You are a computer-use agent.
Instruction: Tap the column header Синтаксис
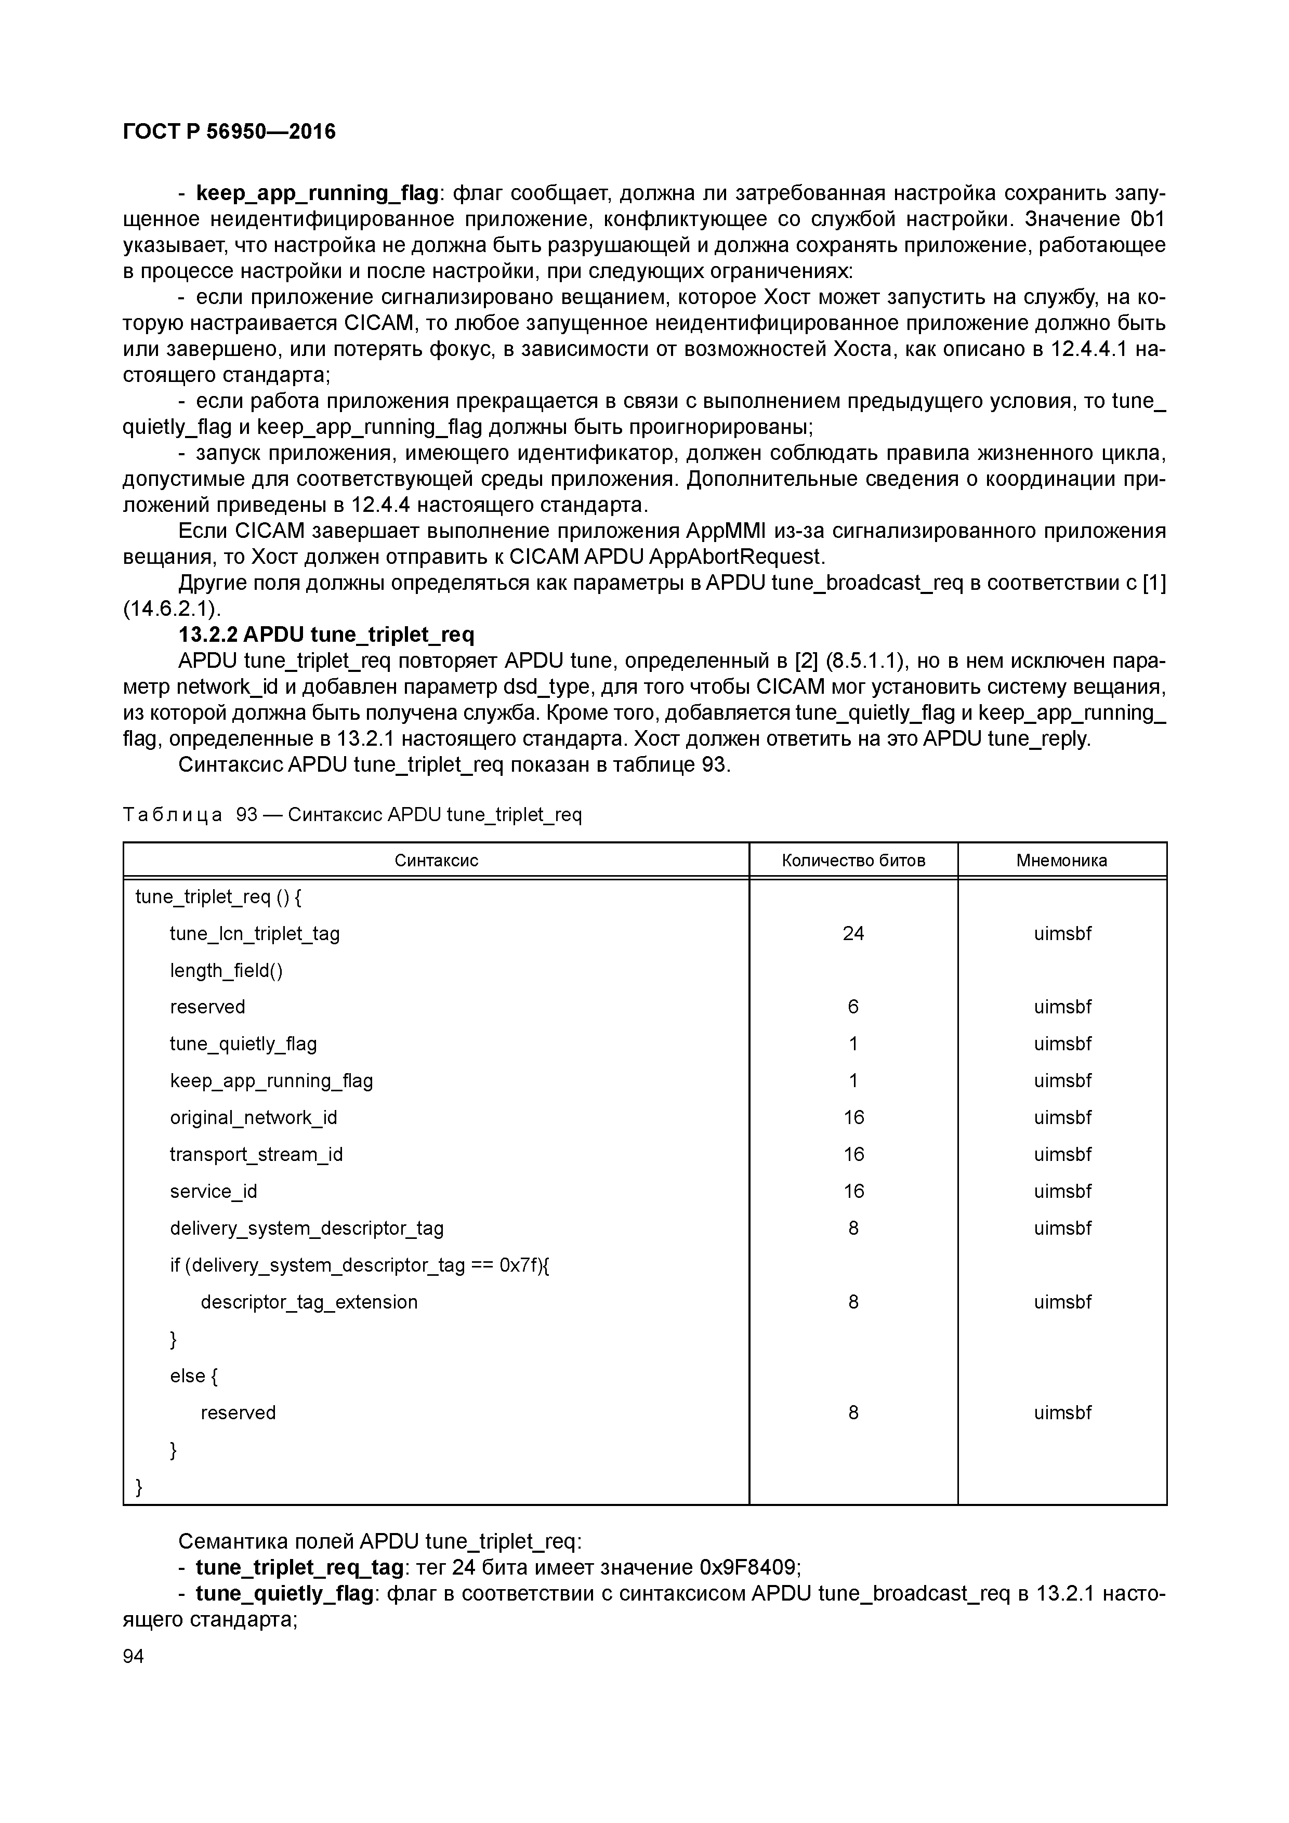pyautogui.click(x=436, y=860)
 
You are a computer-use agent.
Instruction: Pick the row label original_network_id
pyautogui.click(x=253, y=1117)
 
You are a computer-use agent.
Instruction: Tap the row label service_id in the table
pyautogui.click(x=213, y=1191)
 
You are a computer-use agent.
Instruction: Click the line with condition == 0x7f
pyautogui.click(x=360, y=1265)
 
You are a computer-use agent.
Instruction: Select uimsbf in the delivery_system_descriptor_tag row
pyautogui.click(x=1062, y=1228)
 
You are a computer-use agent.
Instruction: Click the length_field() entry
pyautogui.click(x=226, y=970)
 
